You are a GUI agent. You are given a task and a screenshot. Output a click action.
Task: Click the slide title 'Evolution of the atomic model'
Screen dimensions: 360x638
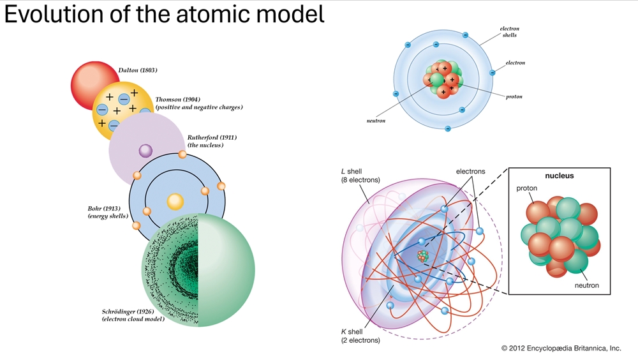(x=164, y=15)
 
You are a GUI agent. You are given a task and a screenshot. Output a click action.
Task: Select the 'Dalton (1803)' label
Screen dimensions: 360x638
(x=137, y=70)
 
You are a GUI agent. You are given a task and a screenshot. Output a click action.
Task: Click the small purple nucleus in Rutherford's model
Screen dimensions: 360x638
(x=145, y=151)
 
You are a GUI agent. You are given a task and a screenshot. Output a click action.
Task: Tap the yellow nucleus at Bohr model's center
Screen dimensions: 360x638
(x=175, y=202)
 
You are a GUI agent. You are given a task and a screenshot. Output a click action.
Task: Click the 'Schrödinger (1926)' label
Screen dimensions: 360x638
(x=132, y=311)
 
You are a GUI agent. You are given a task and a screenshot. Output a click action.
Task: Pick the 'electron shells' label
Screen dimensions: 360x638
(x=508, y=32)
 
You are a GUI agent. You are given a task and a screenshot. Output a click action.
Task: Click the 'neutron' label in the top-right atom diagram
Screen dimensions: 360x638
(x=376, y=121)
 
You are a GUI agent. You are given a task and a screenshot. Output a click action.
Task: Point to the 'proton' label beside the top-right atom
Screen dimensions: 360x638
(x=514, y=97)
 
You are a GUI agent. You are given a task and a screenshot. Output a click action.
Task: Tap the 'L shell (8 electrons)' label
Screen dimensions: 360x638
(x=360, y=176)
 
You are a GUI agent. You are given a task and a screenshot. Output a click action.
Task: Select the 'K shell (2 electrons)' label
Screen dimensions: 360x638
(x=360, y=336)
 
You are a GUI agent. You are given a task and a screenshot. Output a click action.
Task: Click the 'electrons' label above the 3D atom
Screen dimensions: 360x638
(x=471, y=172)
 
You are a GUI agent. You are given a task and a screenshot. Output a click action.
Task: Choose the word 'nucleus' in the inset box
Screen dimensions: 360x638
(x=559, y=175)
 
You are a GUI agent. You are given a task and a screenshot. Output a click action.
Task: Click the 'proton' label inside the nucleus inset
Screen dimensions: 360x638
(x=527, y=189)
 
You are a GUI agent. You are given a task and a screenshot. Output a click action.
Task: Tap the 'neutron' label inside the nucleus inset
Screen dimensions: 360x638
(x=586, y=285)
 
